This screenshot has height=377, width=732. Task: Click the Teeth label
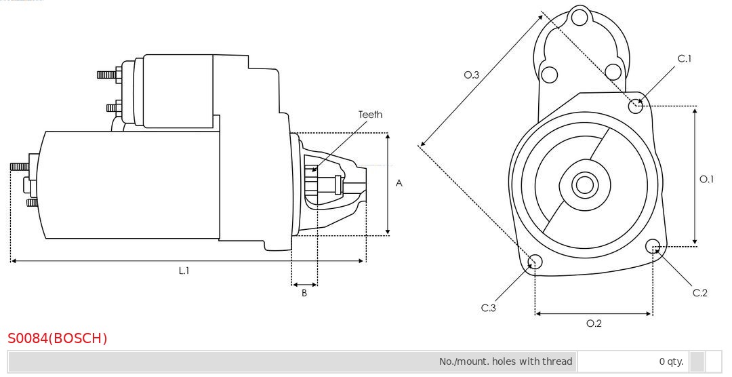pyautogui.click(x=370, y=115)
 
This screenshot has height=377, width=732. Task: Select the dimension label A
pyautogui.click(x=399, y=184)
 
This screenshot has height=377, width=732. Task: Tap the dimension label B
pyautogui.click(x=304, y=294)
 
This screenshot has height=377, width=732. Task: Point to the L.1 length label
pyautogui.click(x=184, y=271)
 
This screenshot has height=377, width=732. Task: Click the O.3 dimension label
pyautogui.click(x=472, y=75)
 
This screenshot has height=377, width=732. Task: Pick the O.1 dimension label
pyautogui.click(x=706, y=179)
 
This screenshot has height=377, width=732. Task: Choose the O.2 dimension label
pyautogui.click(x=594, y=323)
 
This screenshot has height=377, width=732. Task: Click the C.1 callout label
pyautogui.click(x=685, y=58)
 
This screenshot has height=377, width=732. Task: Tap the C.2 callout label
pyautogui.click(x=699, y=293)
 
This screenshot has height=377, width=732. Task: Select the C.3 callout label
pyautogui.click(x=488, y=308)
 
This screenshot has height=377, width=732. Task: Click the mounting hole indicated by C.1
pyautogui.click(x=635, y=106)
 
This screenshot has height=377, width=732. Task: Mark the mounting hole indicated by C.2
pyautogui.click(x=653, y=245)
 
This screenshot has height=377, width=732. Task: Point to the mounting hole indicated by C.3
pyautogui.click(x=535, y=262)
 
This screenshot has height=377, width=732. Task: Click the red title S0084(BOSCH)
pyautogui.click(x=58, y=338)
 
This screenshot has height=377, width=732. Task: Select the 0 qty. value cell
pyautogui.click(x=671, y=361)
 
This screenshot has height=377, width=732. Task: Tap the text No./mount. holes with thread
pyautogui.click(x=506, y=361)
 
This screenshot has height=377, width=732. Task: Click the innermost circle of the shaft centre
pyautogui.click(x=584, y=185)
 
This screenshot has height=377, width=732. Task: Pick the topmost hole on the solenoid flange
pyautogui.click(x=579, y=18)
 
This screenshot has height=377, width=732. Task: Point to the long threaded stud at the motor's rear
pyautogui.click(x=20, y=166)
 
